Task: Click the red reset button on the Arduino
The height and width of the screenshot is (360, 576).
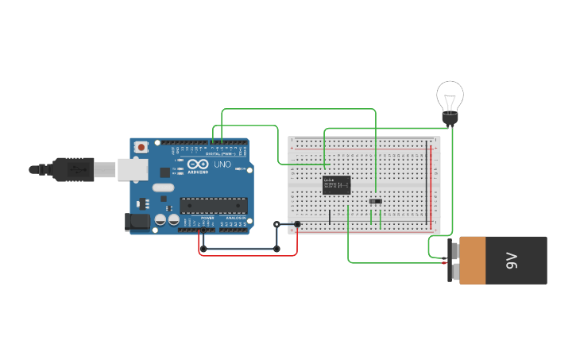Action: (x=141, y=147)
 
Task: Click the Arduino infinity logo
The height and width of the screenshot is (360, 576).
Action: (x=197, y=164)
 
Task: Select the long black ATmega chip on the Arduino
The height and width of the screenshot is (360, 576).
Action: (x=212, y=206)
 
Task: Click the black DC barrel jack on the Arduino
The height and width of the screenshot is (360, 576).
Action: (x=138, y=222)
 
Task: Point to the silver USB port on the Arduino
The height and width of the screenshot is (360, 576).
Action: (x=133, y=168)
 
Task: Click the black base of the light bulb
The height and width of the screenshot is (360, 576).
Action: (x=450, y=119)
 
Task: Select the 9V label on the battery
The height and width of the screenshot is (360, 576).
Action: (x=512, y=260)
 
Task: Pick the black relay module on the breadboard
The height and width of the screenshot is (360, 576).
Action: (x=336, y=185)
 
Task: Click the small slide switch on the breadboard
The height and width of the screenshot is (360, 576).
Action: (x=375, y=201)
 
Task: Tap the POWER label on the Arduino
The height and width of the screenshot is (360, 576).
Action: (x=207, y=218)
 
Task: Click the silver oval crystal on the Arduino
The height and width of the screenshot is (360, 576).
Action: (x=163, y=188)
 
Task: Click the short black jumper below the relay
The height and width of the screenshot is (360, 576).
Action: (x=330, y=216)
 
